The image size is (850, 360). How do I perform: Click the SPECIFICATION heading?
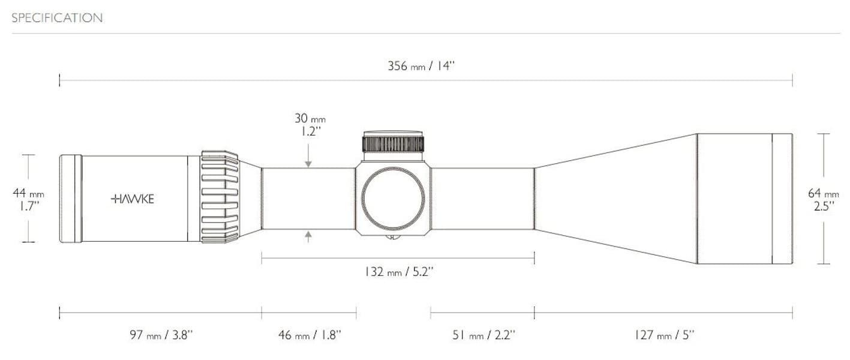coord(57,18)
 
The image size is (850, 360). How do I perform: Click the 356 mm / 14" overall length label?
coord(421,66)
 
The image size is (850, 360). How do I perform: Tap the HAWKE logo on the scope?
coord(133,199)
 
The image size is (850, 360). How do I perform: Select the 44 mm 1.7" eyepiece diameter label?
coord(28,199)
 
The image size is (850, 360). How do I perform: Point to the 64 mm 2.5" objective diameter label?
coord(824,199)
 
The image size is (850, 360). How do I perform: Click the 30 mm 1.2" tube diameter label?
coord(310,125)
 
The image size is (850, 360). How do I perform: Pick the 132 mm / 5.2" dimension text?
coord(399,272)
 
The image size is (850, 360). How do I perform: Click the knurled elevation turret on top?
coord(393,144)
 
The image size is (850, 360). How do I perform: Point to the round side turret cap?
coord(393,197)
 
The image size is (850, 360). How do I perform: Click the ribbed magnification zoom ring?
coord(220,197)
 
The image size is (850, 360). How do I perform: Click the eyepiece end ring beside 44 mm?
coord(70,199)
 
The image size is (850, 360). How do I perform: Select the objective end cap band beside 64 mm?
coord(782,199)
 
